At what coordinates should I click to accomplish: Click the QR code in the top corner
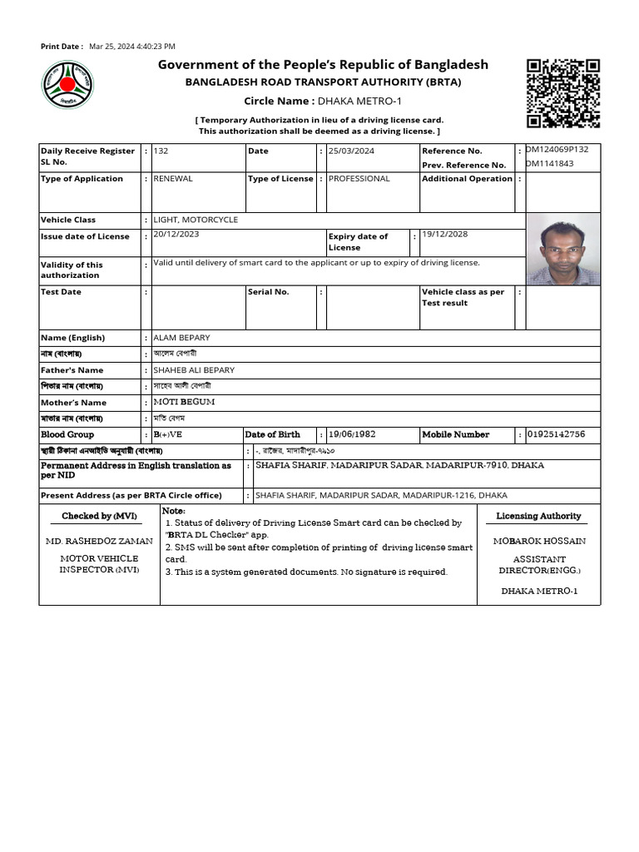[563, 93]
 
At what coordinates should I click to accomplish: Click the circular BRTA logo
[68, 85]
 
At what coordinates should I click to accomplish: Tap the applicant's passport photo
[562, 249]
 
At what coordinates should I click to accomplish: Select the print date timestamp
[132, 47]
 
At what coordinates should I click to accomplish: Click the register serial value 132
[161, 151]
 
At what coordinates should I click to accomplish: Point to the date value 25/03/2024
[351, 151]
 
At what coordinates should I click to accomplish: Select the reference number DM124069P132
[557, 150]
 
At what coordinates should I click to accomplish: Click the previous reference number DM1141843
[550, 164]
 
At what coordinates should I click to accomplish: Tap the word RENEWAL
[173, 179]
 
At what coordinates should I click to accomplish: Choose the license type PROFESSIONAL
[359, 179]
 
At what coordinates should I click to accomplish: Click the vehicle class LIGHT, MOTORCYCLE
[196, 220]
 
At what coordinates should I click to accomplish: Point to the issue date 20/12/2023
[176, 235]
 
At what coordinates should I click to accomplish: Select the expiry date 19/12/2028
[444, 235]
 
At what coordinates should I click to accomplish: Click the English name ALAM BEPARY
[181, 338]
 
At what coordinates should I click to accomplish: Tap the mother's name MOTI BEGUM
[184, 402]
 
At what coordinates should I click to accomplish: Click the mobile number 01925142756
[556, 434]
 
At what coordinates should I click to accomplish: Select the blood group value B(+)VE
[168, 434]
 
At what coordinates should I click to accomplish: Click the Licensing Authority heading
[538, 516]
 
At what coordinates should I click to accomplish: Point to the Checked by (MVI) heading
[99, 516]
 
